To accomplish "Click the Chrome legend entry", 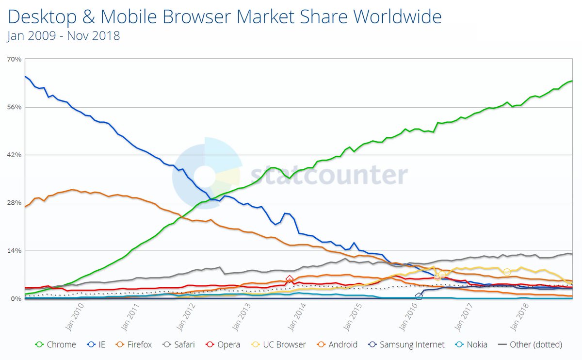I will coord(56,344).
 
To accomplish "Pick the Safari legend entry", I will coord(180,344).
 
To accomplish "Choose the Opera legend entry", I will coord(223,344).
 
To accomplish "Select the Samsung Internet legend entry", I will coord(406,344).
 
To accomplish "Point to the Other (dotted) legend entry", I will coord(531,344).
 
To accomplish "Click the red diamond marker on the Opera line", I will coord(290,279).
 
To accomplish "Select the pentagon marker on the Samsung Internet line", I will coord(419,296).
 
